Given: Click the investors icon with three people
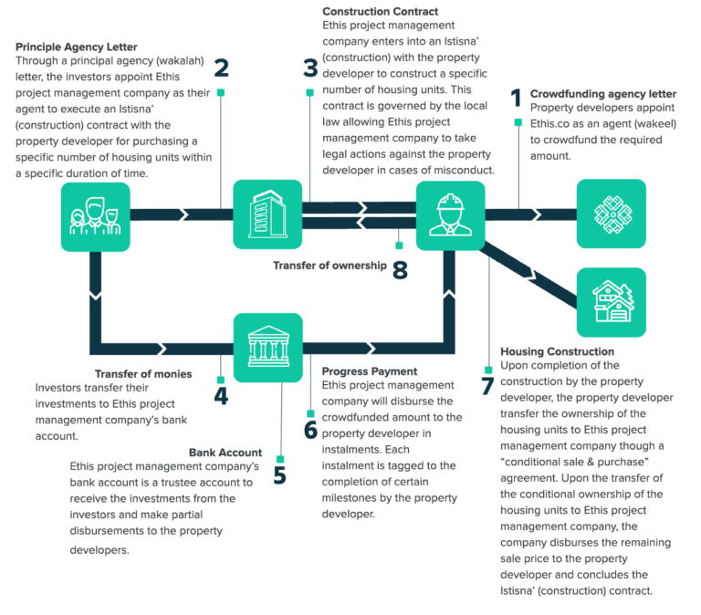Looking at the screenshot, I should [95, 215].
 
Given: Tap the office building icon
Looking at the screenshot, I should [267, 215].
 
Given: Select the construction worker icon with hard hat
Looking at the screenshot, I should [450, 215].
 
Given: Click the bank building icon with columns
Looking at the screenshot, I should [267, 348].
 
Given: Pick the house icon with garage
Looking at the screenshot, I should [611, 301].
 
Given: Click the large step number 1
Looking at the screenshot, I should [515, 99].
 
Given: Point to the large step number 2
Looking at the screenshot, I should [220, 68].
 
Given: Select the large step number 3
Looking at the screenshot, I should [310, 68].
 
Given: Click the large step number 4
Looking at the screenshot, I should [220, 396].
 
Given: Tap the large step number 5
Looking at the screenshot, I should [279, 475].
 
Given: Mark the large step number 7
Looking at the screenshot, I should [487, 385].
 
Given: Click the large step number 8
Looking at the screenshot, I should [399, 270].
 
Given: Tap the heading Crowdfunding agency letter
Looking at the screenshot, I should [602, 93].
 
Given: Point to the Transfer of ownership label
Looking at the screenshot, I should [330, 266].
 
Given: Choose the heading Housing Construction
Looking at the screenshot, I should [557, 351].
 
